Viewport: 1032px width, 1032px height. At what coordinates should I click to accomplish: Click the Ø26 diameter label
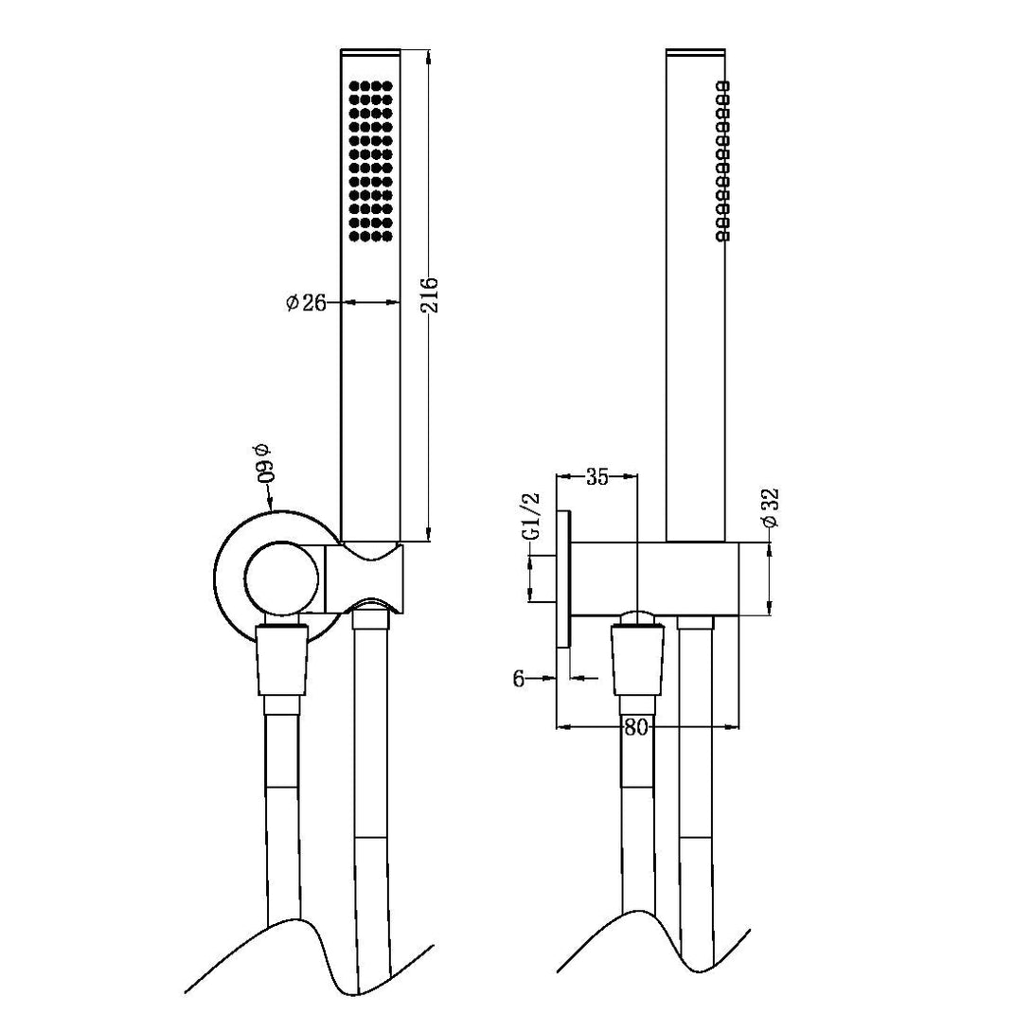tap(306, 302)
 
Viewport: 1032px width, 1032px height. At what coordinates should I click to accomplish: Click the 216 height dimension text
tap(428, 295)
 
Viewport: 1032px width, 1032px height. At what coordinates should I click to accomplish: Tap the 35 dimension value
tap(596, 476)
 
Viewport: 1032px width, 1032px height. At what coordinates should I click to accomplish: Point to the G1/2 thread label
tap(533, 516)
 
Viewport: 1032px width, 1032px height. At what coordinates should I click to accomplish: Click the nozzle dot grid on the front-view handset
tap(370, 160)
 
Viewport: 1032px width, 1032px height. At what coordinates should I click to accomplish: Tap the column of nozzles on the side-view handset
tap(723, 161)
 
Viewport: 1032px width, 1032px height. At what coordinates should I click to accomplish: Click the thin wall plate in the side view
tap(564, 578)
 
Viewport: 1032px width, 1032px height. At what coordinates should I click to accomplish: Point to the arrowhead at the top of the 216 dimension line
tap(431, 56)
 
